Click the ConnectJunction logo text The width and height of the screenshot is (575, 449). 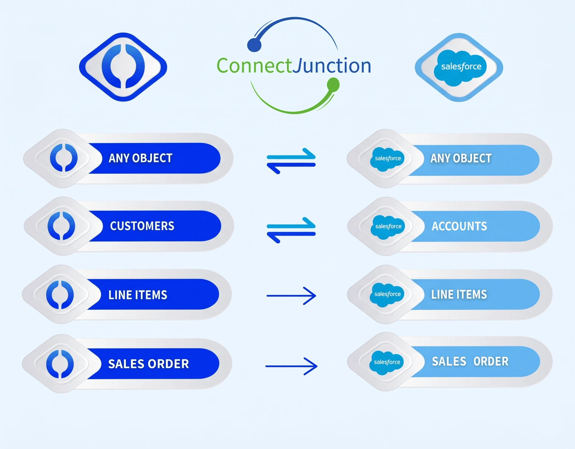tap(293, 66)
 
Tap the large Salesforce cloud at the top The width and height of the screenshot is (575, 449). tap(460, 67)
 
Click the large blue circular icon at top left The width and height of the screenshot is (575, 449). tap(123, 67)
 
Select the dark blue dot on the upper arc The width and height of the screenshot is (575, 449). tap(254, 45)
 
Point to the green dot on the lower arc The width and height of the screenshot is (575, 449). tap(333, 85)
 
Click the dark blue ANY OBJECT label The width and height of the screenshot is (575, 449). tap(141, 158)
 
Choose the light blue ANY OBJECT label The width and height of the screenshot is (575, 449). tap(461, 158)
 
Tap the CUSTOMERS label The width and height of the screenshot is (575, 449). tap(142, 226)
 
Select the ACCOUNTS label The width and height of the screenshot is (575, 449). tap(459, 226)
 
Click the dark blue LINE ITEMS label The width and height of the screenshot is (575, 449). tap(138, 295)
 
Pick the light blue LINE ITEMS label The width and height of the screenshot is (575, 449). tap(459, 294)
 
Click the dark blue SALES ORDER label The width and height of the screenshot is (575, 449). tap(149, 364)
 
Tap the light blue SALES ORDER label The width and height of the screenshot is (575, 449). tap(470, 362)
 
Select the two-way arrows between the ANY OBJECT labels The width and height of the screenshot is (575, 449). tap(291, 161)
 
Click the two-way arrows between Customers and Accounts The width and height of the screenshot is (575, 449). tap(291, 230)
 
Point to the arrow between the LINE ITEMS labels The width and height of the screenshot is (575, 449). tap(291, 296)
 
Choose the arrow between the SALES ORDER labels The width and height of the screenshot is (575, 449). tap(291, 366)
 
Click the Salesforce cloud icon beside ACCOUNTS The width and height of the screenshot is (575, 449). tap(388, 227)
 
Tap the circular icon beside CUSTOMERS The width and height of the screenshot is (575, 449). tap(61, 226)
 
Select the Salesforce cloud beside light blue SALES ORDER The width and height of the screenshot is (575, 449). tap(387, 362)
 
